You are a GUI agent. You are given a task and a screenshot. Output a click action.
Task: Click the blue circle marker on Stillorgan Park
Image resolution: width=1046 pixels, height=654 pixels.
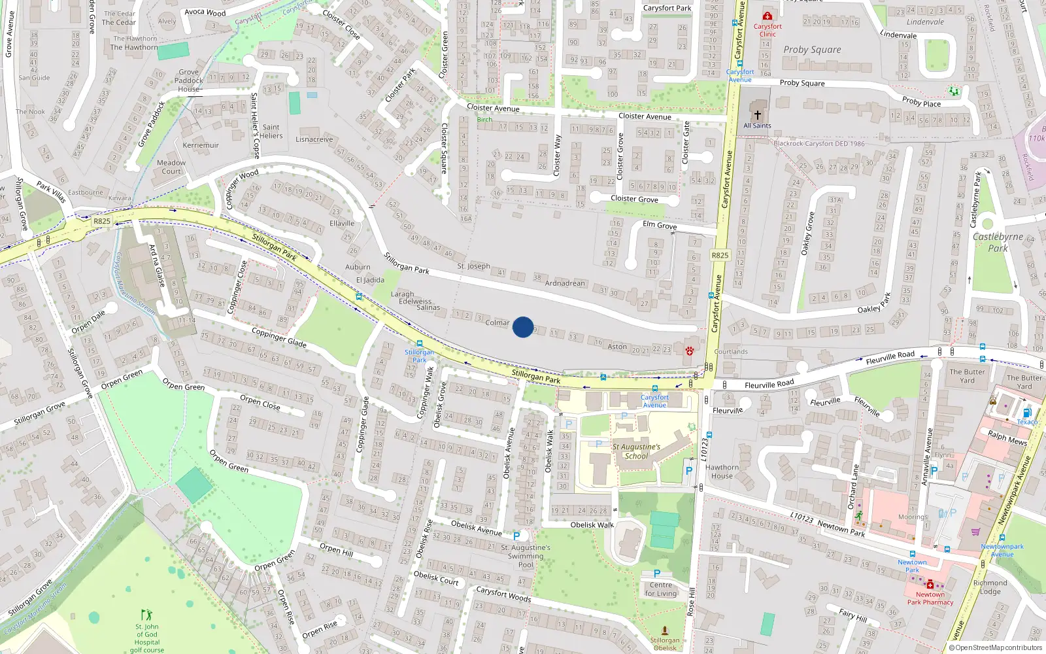(523, 327)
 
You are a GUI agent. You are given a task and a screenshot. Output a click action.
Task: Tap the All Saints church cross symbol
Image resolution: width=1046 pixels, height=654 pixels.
(758, 114)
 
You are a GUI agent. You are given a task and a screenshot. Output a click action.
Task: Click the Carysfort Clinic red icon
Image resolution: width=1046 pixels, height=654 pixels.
(768, 16)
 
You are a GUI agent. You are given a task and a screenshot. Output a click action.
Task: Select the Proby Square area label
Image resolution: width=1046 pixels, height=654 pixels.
(812, 50)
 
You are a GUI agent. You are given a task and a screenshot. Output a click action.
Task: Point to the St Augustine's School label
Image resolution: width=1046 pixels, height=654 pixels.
(636, 451)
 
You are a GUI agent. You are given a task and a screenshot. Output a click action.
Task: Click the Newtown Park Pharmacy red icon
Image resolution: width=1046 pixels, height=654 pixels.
(930, 583)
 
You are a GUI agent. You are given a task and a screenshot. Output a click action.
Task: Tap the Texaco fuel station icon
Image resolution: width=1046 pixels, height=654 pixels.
(1026, 413)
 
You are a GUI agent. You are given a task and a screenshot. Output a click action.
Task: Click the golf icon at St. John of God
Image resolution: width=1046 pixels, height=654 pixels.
(146, 615)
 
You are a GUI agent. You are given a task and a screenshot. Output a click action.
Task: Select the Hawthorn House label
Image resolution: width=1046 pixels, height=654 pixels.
(722, 472)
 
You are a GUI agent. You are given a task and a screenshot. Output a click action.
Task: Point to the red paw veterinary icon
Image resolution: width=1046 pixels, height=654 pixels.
(689, 351)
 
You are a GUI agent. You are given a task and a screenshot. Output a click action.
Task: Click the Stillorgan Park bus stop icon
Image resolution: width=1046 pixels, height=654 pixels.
(419, 343)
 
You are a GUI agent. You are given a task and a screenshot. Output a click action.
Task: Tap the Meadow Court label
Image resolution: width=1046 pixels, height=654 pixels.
(171, 167)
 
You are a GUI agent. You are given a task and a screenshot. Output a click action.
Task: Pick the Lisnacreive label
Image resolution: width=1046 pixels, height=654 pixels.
(314, 139)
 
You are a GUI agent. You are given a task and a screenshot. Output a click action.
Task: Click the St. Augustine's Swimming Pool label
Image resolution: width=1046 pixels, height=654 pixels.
(526, 556)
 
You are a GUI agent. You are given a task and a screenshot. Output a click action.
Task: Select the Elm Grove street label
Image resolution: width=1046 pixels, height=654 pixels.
(659, 225)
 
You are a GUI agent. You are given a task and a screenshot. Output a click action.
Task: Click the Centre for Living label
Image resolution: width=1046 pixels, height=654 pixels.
(661, 589)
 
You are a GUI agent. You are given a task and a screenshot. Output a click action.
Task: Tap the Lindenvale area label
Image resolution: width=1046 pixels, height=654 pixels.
(925, 22)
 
